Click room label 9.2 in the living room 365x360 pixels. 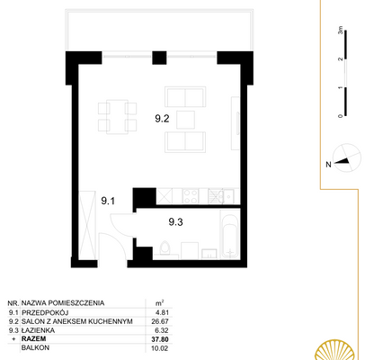tap(162, 116)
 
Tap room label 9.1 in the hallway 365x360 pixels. tap(108, 201)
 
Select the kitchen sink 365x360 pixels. tap(217, 197)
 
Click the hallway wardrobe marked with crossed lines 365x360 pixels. tap(86, 224)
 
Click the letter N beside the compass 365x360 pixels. tap(329, 165)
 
